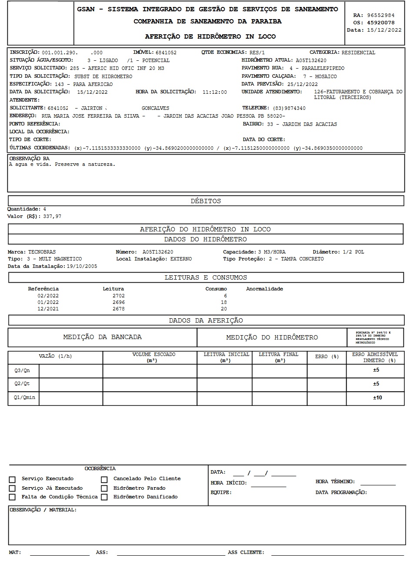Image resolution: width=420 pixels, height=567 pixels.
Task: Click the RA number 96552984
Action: (380, 15)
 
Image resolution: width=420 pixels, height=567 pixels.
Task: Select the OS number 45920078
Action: (380, 23)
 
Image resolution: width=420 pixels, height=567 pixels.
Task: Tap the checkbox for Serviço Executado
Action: (12, 479)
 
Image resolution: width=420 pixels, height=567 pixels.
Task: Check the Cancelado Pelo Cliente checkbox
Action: (104, 479)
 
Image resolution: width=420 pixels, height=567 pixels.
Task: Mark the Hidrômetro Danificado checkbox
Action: (104, 498)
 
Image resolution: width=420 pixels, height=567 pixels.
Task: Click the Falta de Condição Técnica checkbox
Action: (12, 498)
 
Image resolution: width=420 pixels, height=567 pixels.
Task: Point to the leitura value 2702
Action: (118, 296)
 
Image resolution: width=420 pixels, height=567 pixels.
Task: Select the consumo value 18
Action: (223, 302)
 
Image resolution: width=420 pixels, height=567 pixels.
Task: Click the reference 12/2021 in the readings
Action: (48, 309)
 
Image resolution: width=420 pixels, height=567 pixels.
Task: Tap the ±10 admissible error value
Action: (377, 398)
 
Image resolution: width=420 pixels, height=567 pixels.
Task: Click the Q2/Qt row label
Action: (22, 384)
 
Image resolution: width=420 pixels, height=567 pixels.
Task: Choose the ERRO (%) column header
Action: (327, 356)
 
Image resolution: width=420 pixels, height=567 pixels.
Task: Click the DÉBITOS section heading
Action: (206, 201)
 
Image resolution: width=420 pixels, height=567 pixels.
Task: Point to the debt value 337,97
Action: (52, 216)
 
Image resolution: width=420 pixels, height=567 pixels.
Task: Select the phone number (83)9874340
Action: (289, 108)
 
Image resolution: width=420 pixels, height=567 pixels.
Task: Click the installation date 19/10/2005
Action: (82, 266)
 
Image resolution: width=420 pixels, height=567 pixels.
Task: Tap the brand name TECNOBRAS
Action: (42, 252)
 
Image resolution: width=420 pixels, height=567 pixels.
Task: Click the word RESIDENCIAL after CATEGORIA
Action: (358, 53)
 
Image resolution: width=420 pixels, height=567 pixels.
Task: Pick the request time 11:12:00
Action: (214, 92)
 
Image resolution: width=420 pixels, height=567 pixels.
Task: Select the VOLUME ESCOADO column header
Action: (153, 357)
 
